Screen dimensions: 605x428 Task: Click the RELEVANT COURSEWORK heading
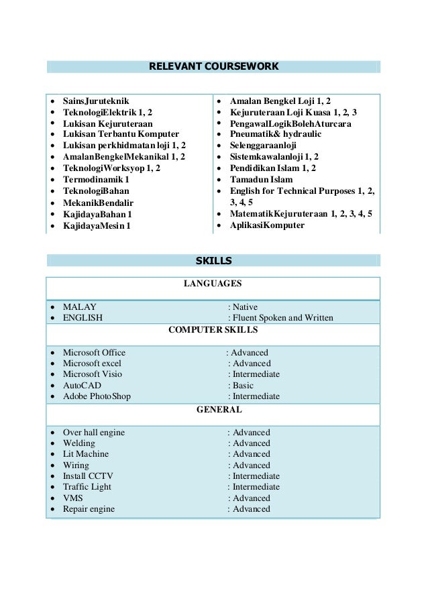click(x=213, y=66)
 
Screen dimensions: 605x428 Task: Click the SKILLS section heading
click(x=213, y=260)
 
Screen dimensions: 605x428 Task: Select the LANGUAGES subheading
click(x=213, y=284)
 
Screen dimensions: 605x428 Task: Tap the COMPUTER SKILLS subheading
click(x=213, y=330)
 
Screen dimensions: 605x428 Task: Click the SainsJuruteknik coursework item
click(x=93, y=100)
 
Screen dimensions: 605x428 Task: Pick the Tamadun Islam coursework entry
click(x=261, y=180)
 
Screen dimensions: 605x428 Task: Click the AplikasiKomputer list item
click(x=267, y=225)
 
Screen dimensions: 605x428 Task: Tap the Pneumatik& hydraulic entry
click(x=275, y=134)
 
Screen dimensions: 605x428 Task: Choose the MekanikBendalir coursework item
click(x=98, y=203)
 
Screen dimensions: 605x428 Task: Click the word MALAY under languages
click(x=78, y=307)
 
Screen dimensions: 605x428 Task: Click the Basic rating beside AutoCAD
click(x=243, y=386)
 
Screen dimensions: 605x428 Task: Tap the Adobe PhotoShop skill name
click(x=97, y=396)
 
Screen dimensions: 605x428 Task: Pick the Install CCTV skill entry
click(x=87, y=476)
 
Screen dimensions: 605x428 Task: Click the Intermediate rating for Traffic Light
click(x=256, y=487)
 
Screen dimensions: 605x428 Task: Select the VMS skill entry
click(x=72, y=498)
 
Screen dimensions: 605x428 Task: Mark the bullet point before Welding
click(x=52, y=443)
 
